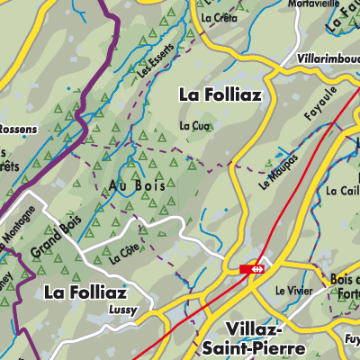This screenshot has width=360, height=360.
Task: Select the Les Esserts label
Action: coord(155,59)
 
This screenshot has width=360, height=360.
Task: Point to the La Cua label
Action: coord(193,124)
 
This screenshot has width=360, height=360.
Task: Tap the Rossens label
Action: coord(19,129)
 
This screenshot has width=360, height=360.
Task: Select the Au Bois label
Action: coord(130,185)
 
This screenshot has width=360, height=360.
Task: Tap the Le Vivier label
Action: coord(292,291)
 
